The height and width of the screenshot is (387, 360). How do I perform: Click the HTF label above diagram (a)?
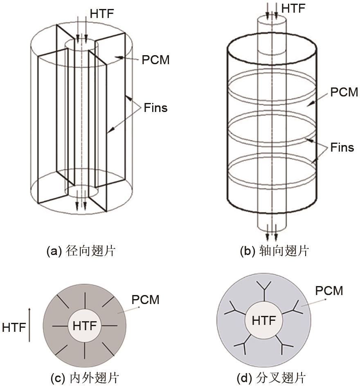101,13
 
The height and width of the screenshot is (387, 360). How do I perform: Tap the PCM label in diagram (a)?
156,60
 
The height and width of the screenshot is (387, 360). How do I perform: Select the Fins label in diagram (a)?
156,108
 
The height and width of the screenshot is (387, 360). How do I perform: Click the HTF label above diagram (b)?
293,9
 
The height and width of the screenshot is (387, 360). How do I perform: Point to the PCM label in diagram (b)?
344,92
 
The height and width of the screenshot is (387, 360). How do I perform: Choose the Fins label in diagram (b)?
342,148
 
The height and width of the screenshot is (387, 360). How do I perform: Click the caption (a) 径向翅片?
81,251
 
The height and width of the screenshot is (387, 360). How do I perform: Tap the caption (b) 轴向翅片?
274,251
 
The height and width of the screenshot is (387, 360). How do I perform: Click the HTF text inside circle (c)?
85,326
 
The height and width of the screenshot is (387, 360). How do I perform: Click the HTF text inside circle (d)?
264,320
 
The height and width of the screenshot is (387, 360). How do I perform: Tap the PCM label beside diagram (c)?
145,300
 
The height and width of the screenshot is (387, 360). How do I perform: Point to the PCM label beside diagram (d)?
329,291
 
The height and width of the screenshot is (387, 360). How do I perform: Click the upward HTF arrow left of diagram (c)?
29,325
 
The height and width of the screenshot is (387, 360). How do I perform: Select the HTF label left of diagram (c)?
14,327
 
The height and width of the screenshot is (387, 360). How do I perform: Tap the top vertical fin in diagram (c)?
85,301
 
